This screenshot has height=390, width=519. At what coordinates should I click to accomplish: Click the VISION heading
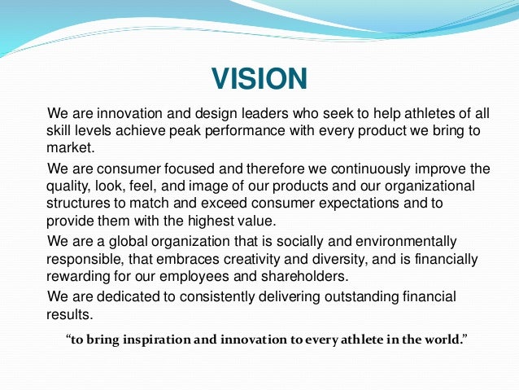tap(259, 79)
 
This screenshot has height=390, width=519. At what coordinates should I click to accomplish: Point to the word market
tap(70, 150)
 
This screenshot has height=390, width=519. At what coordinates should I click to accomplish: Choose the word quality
tap(67, 188)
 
